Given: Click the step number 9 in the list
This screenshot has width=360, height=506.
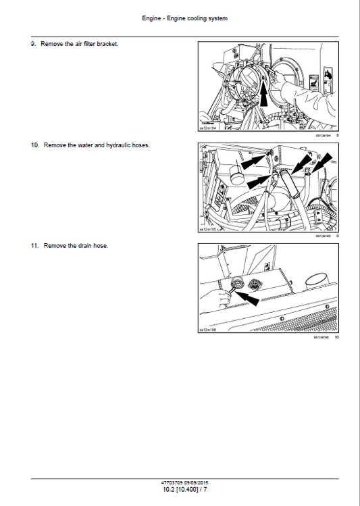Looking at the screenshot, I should point(33,44).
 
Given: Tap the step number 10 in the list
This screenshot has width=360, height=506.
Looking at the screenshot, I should point(34,145).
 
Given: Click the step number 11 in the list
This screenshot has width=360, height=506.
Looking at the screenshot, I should point(34,245).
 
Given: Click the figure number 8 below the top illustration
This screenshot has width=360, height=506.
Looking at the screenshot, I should point(337,136).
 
